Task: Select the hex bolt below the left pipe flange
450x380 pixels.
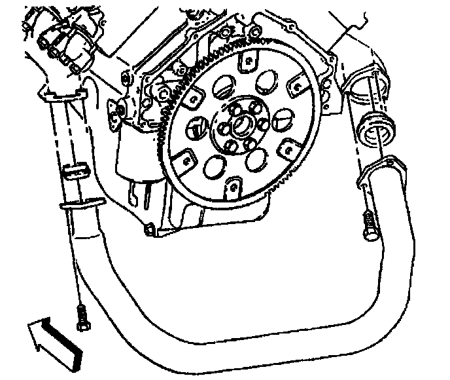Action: tap(81, 318)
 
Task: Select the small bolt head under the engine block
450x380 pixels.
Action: tap(151, 229)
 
